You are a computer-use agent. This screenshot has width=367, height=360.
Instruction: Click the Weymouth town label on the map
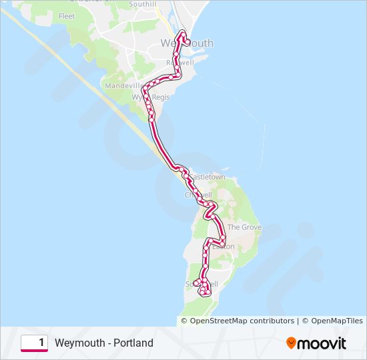(x=187, y=43)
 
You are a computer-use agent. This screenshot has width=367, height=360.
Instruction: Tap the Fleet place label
(x=67, y=15)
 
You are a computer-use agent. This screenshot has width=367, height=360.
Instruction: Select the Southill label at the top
(x=142, y=4)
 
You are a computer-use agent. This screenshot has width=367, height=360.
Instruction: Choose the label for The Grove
(x=244, y=227)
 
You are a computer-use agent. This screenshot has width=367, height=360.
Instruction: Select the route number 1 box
(x=34, y=343)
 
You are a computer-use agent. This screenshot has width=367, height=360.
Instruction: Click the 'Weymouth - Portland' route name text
(x=104, y=343)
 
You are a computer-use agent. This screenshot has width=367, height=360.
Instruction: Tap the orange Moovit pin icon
(x=291, y=343)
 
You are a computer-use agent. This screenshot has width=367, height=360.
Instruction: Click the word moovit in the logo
(x=322, y=343)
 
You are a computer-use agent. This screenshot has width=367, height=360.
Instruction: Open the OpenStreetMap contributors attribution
(x=242, y=321)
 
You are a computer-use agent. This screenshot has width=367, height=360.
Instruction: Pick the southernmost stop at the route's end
(x=203, y=291)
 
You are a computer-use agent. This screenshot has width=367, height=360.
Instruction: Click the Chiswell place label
(x=198, y=195)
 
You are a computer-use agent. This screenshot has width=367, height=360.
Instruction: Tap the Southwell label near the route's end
(x=201, y=284)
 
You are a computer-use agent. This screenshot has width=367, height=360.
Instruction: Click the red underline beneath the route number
(x=34, y=351)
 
